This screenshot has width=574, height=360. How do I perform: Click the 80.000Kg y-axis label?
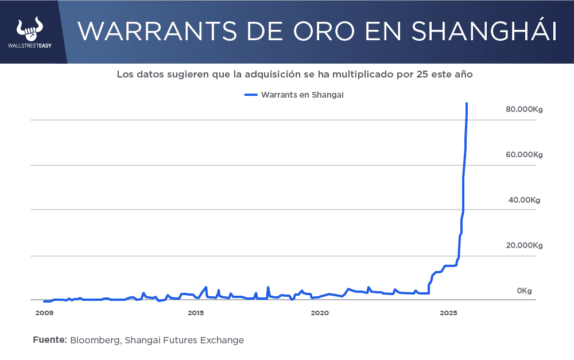pyautogui.click(x=524, y=109)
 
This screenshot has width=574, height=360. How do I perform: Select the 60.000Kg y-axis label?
pyautogui.click(x=524, y=154)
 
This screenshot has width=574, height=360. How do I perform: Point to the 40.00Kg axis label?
pyautogui.click(x=524, y=200)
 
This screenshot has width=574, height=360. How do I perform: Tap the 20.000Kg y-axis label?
pyautogui.click(x=524, y=245)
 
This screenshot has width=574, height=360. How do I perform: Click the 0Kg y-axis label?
pyautogui.click(x=524, y=291)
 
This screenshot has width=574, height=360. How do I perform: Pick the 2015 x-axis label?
pyautogui.click(x=196, y=313)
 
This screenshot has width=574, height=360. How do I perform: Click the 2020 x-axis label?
pyautogui.click(x=320, y=313)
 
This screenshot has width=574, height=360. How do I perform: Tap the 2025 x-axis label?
pyautogui.click(x=449, y=313)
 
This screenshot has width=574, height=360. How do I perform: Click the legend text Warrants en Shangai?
pyautogui.click(x=302, y=95)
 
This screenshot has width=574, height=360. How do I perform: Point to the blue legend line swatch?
pyautogui.click(x=251, y=95)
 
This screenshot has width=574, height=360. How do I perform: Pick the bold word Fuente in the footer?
pyautogui.click(x=50, y=340)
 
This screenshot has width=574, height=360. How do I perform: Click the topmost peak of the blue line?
pyautogui.click(x=467, y=104)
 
